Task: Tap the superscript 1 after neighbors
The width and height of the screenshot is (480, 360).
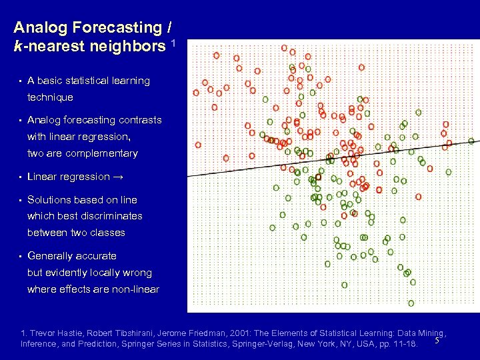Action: [173, 43]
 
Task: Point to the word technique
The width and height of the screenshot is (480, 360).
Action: [50, 97]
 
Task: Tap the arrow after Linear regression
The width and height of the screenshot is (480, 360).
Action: [118, 177]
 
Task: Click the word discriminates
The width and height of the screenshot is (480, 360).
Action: [111, 216]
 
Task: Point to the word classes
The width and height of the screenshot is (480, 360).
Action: [107, 233]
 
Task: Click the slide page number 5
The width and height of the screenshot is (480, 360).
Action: [436, 342]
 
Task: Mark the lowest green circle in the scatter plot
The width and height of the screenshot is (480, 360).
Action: [411, 303]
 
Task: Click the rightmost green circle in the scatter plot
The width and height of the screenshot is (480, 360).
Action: [471, 141]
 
